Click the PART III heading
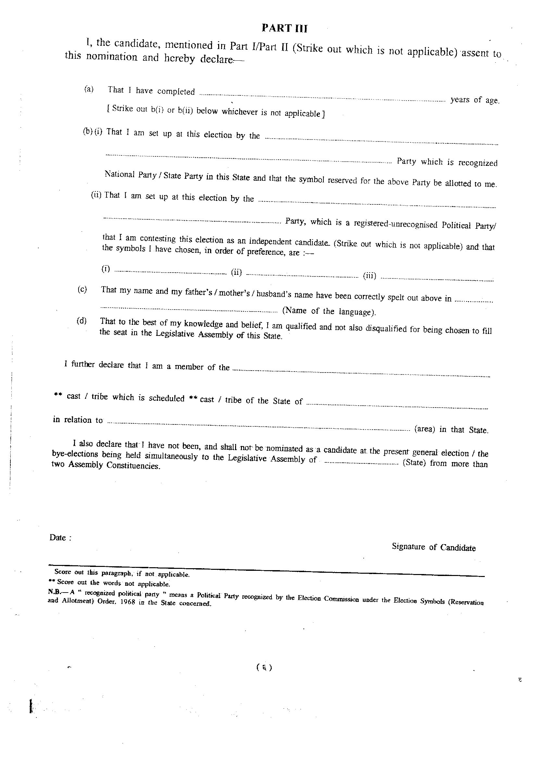click(x=284, y=29)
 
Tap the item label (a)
click(x=89, y=89)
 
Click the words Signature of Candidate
click(x=433, y=547)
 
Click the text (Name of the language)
click(x=329, y=311)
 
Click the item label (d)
click(x=82, y=321)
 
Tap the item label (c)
click(x=82, y=289)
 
